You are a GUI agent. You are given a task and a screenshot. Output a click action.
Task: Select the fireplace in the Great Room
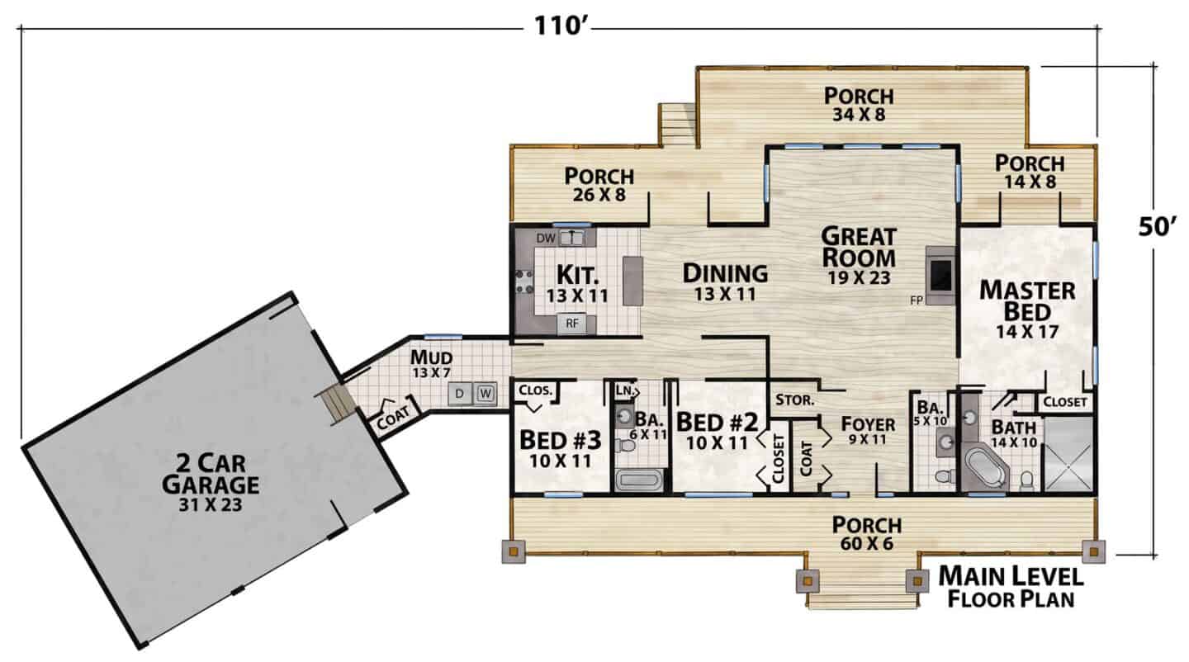click(940, 276)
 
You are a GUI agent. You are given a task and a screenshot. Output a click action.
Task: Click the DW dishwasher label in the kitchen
click(545, 239)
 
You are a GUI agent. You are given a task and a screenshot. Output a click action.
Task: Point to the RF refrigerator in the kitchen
click(571, 324)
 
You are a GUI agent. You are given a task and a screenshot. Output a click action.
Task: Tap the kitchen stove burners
click(524, 281)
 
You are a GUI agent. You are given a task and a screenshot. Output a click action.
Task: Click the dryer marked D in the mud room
click(460, 394)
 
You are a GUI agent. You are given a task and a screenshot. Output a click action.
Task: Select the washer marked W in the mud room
click(486, 394)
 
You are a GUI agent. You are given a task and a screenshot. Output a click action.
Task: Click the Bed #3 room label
click(561, 440)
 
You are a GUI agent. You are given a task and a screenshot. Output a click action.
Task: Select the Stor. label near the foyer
click(794, 400)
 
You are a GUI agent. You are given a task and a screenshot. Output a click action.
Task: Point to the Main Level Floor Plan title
click(1011, 587)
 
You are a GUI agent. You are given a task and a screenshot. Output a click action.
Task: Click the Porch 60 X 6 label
click(867, 533)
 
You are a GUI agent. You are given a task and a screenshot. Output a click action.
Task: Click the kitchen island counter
click(632, 281)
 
